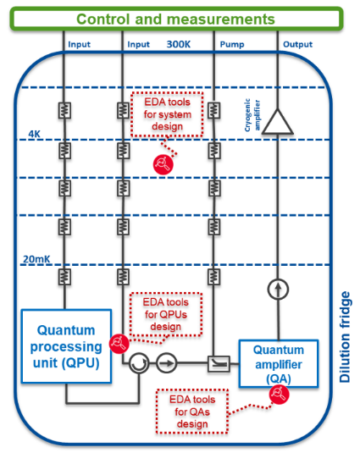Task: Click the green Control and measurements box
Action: click(176, 18)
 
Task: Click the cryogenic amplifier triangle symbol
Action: click(277, 124)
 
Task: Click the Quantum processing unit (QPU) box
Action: click(65, 345)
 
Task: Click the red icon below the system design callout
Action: click(162, 163)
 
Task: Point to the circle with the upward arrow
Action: click(277, 289)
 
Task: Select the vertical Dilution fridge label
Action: click(346, 337)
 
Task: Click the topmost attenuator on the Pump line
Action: click(215, 111)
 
